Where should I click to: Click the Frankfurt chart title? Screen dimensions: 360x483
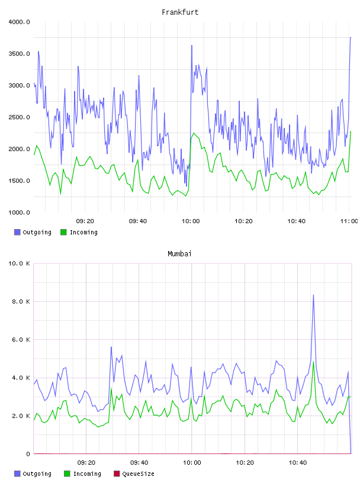point(180,12)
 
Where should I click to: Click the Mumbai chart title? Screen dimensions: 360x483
point(179,254)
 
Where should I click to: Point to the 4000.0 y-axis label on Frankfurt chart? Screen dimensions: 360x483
point(20,22)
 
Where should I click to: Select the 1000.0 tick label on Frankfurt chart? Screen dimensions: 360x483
point(20,212)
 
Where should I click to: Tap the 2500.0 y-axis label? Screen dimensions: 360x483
point(20,117)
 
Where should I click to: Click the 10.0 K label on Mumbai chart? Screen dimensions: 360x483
point(20,263)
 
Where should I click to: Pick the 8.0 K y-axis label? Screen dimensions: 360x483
point(21,301)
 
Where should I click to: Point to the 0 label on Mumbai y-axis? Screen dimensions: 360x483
point(28,454)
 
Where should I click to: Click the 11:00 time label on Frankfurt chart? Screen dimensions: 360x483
point(349,221)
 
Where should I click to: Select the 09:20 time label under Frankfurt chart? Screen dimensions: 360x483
point(85,221)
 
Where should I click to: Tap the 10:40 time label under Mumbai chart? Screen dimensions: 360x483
point(298,463)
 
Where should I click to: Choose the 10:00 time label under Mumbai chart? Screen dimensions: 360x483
point(192,463)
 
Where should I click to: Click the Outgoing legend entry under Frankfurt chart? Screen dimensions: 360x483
point(33,232)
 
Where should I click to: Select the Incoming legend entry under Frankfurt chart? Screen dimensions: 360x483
point(79,232)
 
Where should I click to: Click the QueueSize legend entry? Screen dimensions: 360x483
point(134,474)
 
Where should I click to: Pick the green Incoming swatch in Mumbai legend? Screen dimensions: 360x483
point(67,474)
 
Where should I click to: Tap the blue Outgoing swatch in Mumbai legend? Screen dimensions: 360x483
point(17,474)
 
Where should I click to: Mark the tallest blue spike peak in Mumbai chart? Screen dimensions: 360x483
point(313,295)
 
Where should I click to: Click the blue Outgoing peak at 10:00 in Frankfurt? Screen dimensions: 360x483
point(192,45)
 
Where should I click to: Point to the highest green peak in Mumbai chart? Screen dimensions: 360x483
point(313,362)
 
